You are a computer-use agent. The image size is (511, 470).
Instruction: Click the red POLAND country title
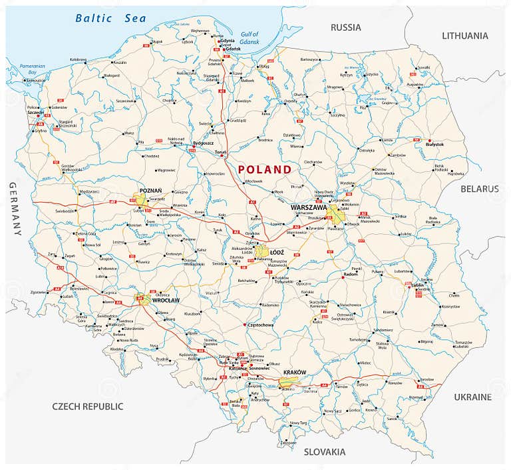click(x=265, y=169)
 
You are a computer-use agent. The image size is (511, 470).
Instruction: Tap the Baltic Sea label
click(x=110, y=18)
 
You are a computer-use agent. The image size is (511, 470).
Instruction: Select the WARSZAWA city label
click(x=308, y=207)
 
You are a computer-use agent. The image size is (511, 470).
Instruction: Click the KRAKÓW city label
click(x=294, y=372)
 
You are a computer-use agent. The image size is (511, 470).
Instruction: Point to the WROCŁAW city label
click(x=167, y=301)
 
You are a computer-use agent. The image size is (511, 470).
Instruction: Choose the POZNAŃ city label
click(x=150, y=190)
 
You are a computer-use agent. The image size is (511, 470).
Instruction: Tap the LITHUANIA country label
click(x=464, y=35)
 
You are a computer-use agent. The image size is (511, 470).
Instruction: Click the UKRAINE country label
click(x=472, y=397)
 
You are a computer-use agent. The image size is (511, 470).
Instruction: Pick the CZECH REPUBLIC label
click(x=88, y=406)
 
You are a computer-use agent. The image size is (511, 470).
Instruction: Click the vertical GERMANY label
click(x=15, y=208)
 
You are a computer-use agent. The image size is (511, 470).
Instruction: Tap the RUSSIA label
click(x=346, y=27)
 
